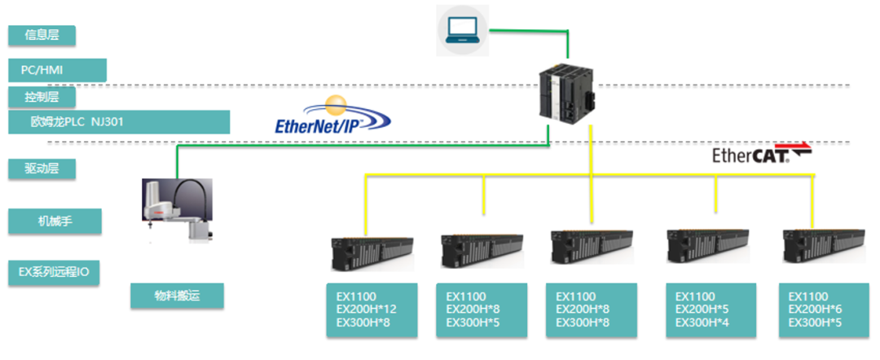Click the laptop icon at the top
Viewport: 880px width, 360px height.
pyautogui.click(x=463, y=30)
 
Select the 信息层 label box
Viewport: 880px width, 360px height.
pyautogui.click(x=42, y=35)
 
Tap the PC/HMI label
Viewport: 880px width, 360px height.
pyautogui.click(x=57, y=71)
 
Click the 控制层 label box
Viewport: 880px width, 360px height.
pyautogui.click(x=42, y=97)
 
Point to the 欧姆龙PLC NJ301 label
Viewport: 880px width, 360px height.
pyautogui.click(x=119, y=121)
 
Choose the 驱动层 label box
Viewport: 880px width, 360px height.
pyautogui.click(x=42, y=169)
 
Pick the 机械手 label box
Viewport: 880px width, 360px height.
pyautogui.click(x=55, y=222)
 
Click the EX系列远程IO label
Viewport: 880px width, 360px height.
pyautogui.click(x=54, y=273)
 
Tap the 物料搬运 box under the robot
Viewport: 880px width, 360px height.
pyautogui.click(x=178, y=296)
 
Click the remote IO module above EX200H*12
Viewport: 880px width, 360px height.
pyautogui.click(x=372, y=253)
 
